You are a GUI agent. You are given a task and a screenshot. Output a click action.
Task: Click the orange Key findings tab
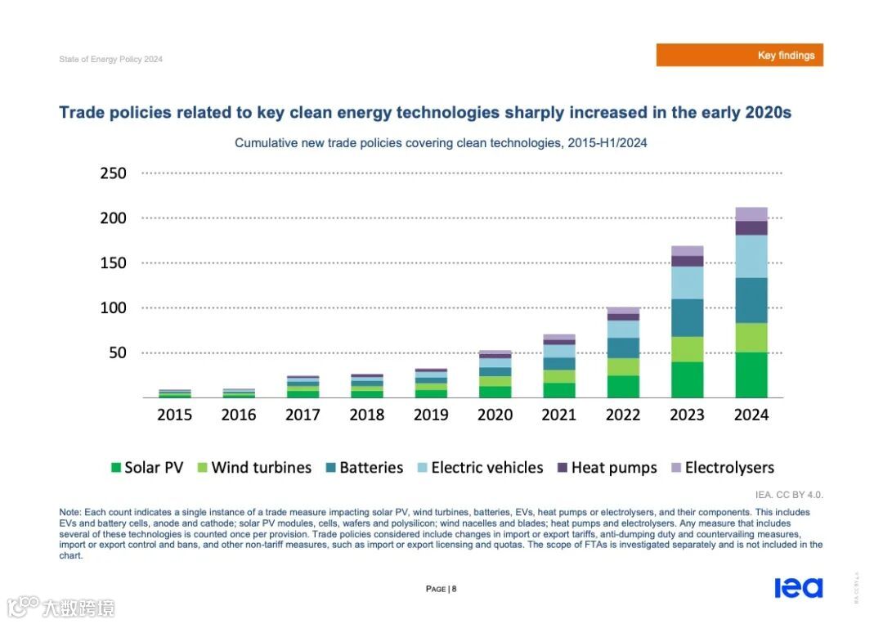tap(739, 55)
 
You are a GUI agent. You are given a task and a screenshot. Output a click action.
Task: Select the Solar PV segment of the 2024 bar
tap(751, 375)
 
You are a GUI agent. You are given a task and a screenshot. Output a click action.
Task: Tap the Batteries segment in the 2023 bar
tap(687, 317)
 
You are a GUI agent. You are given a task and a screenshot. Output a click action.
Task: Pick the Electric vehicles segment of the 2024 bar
tap(751, 256)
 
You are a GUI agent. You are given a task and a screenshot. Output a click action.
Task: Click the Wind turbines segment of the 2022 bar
tap(623, 366)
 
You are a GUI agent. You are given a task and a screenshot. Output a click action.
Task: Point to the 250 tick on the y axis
tap(114, 173)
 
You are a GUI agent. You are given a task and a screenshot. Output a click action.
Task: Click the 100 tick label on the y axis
tap(114, 308)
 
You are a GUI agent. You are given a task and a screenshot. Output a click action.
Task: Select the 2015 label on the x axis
tap(175, 415)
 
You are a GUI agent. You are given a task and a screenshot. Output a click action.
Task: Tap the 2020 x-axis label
tap(495, 415)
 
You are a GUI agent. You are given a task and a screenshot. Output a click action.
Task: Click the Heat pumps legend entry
tap(607, 468)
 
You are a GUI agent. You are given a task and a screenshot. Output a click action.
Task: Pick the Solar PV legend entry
tap(147, 468)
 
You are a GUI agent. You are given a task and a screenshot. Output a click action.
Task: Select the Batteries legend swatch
tap(330, 468)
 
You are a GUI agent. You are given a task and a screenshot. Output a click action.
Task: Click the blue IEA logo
tap(798, 588)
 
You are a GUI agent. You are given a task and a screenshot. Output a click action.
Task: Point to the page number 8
tap(454, 589)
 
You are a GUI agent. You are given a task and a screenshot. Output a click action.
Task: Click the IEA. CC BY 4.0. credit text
tap(789, 495)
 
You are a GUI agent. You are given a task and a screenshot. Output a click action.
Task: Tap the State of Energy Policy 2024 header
tap(110, 59)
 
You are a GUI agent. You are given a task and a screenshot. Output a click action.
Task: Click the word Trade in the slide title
tap(82, 113)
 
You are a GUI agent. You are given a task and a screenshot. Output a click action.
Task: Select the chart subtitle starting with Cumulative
tap(441, 143)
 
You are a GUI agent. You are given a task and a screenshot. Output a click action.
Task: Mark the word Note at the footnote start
tap(69, 512)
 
